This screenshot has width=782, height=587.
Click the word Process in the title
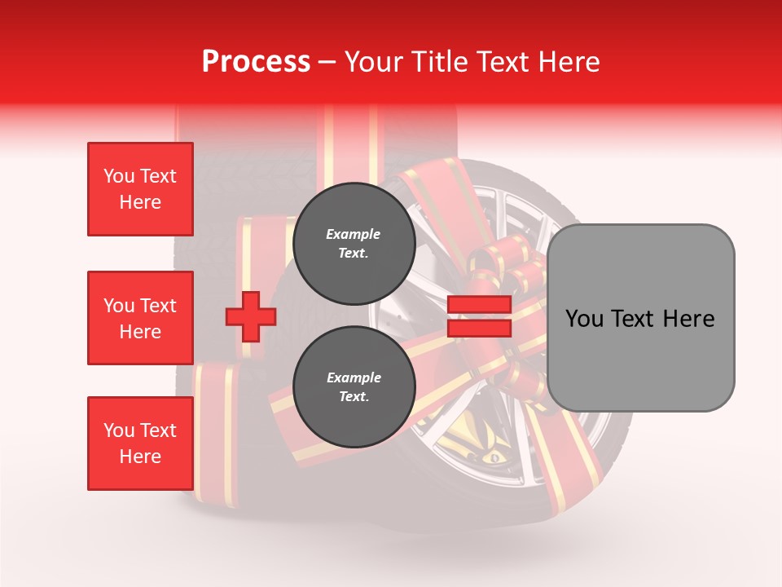click(x=256, y=62)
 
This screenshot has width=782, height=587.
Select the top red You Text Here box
click(x=140, y=189)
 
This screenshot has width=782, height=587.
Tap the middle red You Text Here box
click(x=140, y=318)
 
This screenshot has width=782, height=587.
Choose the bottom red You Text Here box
click(x=140, y=444)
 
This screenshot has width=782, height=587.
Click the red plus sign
click(x=251, y=316)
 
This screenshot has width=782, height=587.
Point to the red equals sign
click(x=479, y=316)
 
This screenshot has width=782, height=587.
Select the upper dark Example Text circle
click(x=354, y=244)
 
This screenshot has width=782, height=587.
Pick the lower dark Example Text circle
click(x=354, y=387)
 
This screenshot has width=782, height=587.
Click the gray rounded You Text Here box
click(x=640, y=318)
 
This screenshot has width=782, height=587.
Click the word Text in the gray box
click(x=633, y=319)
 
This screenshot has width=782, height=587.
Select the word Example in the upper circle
click(x=354, y=235)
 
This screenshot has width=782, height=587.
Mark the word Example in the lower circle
click(x=354, y=378)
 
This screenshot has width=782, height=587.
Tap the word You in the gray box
click(x=583, y=319)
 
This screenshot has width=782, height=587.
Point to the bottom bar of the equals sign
click(x=479, y=329)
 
